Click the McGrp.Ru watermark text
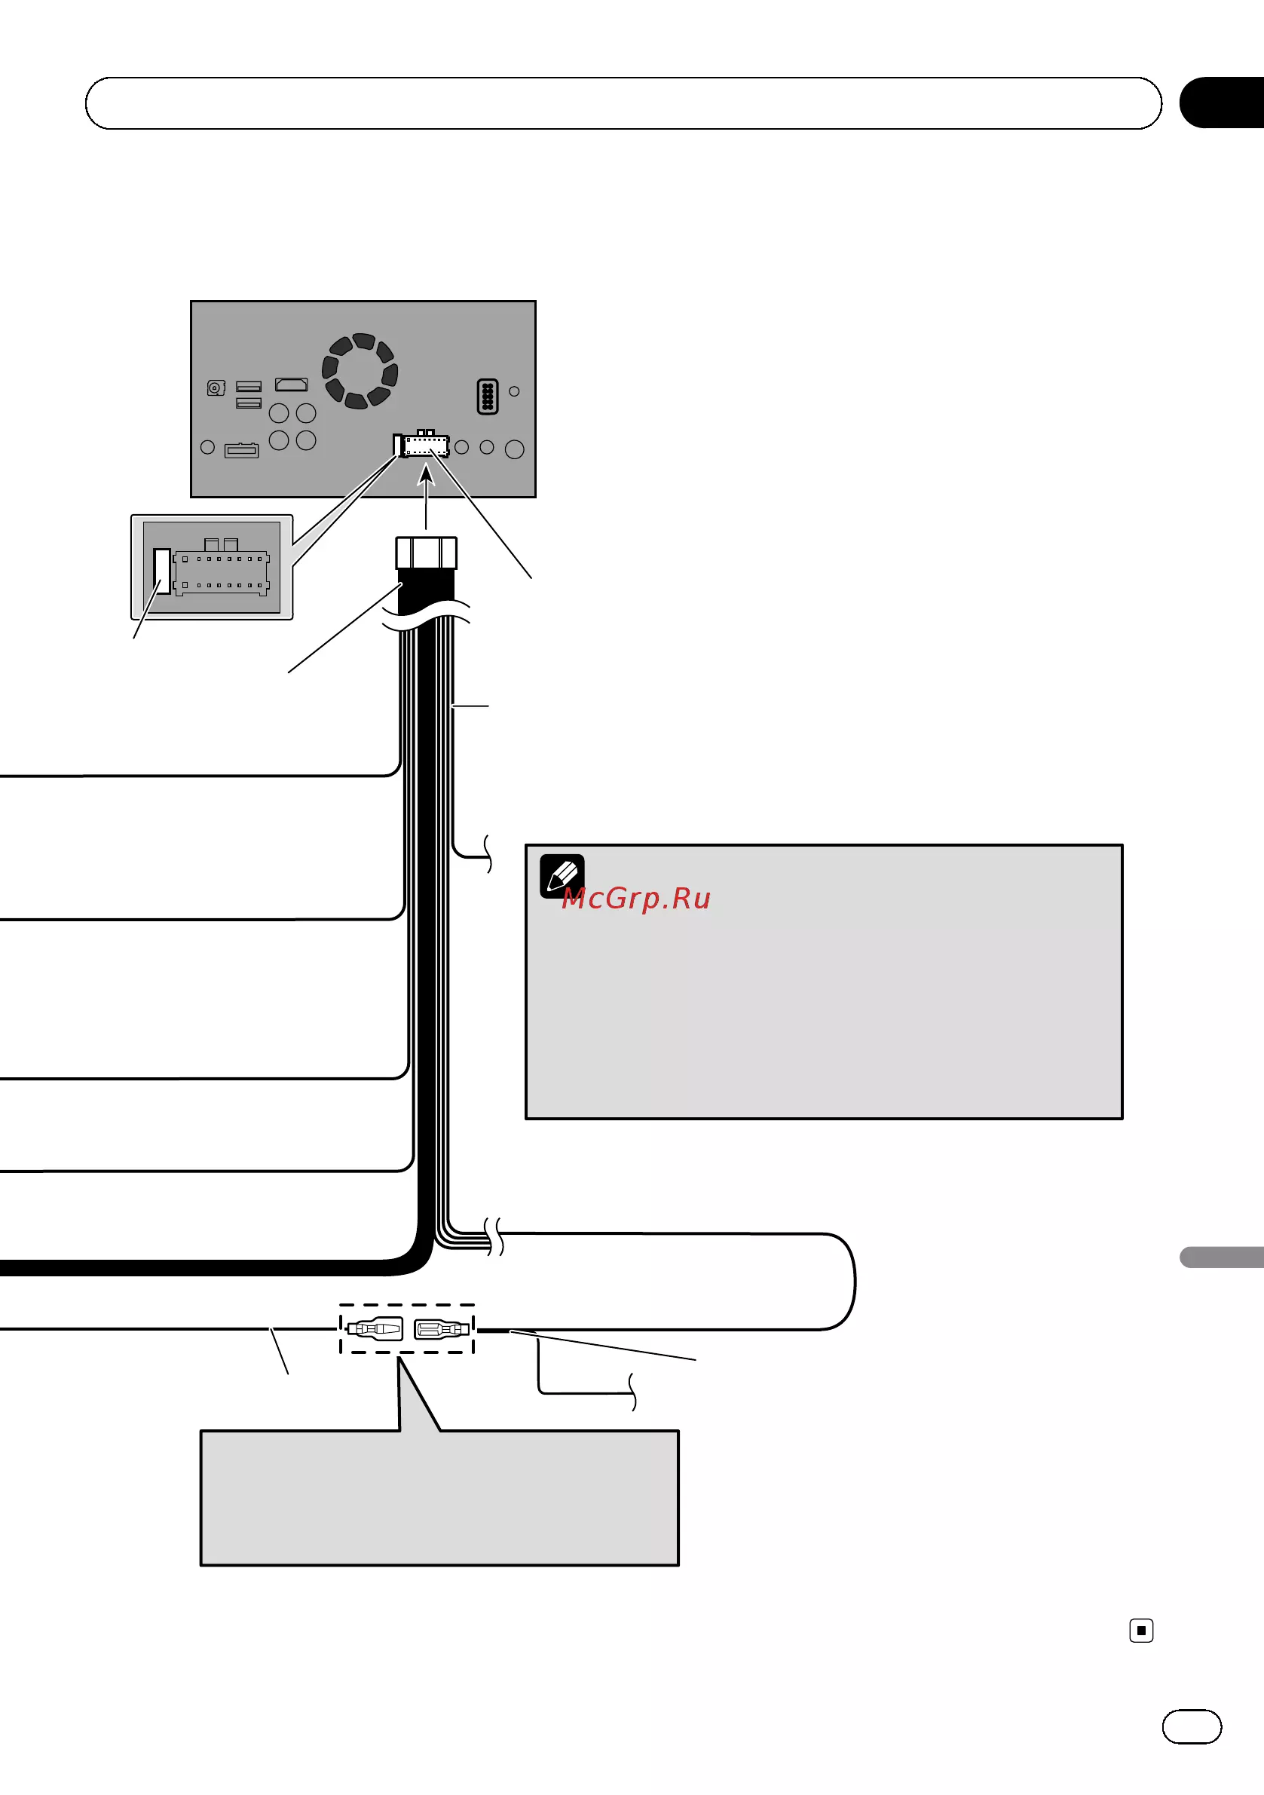pos(636,899)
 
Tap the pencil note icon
pos(562,875)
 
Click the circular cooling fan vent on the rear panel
pos(360,371)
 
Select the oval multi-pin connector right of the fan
pos(487,397)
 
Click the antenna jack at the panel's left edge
pos(216,387)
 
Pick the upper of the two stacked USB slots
pos(249,386)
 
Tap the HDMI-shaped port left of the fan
pos(292,384)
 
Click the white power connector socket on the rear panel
pos(422,445)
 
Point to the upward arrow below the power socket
pos(426,497)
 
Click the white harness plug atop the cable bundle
pos(426,553)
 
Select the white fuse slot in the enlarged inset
pos(162,571)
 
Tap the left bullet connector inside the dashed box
pos(375,1328)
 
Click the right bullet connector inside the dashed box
pos(442,1328)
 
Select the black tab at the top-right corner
pos(1222,103)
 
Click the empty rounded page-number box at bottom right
pos(1192,1726)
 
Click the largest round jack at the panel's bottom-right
pos(514,449)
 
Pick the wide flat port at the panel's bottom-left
pos(241,450)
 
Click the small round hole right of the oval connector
pos(514,391)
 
